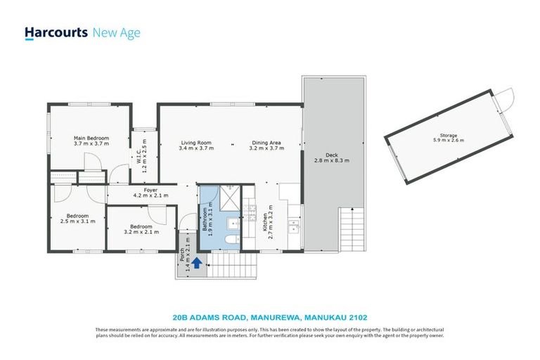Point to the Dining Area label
click(x=266, y=143)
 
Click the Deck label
click(x=331, y=155)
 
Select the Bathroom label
click(x=205, y=221)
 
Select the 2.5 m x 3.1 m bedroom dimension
click(x=77, y=221)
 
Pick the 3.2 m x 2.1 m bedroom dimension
click(x=141, y=231)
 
